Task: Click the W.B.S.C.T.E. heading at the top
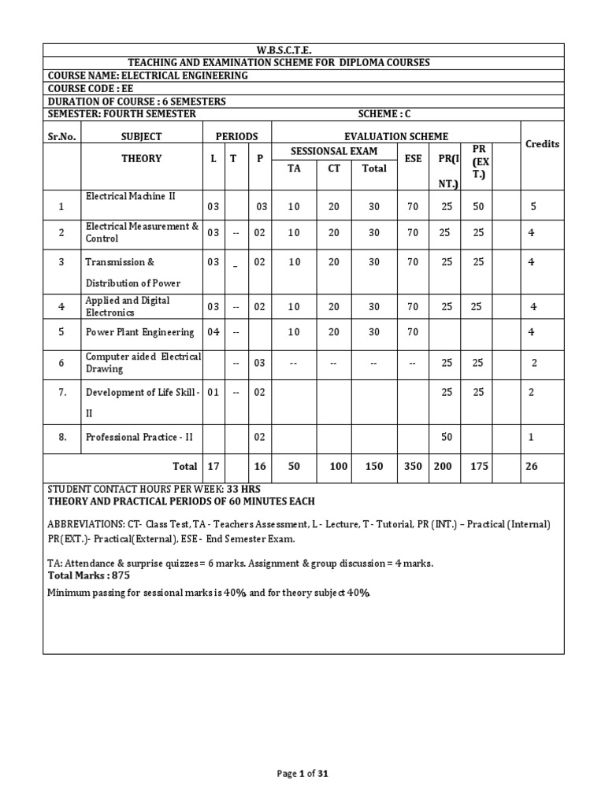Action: click(302, 50)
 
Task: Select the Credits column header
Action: click(542, 144)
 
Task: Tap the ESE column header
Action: click(413, 158)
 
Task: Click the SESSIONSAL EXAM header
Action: click(334, 151)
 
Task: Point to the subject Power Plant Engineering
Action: click(139, 332)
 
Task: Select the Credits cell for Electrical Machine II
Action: click(533, 207)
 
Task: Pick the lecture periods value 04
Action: click(213, 332)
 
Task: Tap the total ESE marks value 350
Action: click(413, 466)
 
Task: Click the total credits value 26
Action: click(532, 466)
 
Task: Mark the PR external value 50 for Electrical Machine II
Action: click(478, 207)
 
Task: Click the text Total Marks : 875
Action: click(88, 575)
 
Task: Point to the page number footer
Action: click(302, 774)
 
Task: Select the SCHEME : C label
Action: click(384, 114)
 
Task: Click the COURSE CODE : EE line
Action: click(91, 88)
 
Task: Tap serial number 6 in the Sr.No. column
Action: click(61, 363)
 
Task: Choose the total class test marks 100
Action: click(339, 466)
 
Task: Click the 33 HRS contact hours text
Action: click(243, 489)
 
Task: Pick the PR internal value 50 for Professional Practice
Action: click(447, 437)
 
